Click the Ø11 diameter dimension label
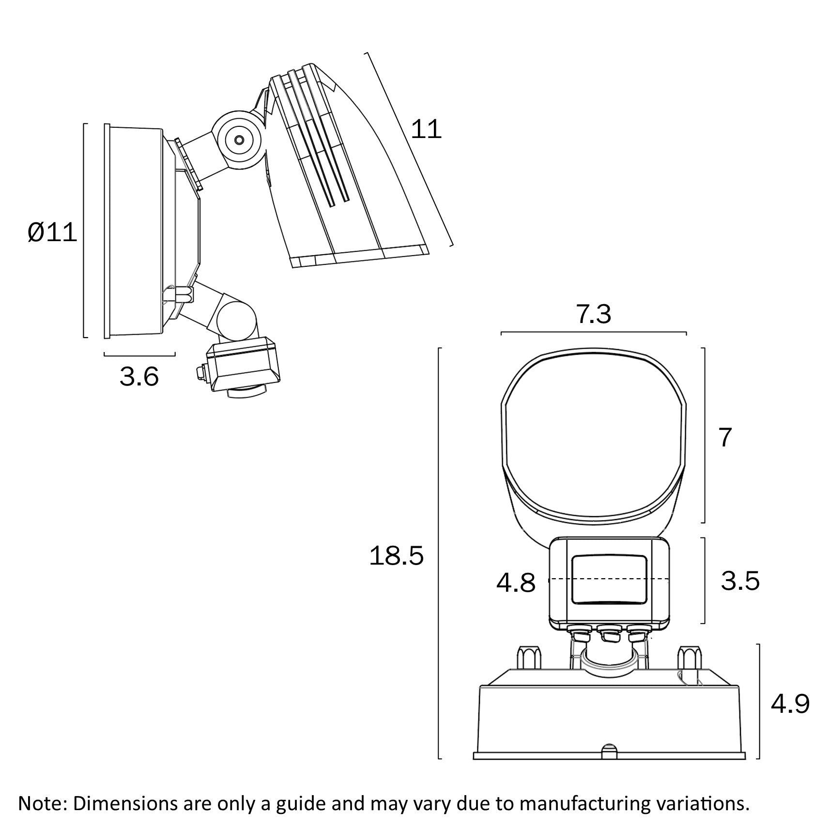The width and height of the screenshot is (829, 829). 52,233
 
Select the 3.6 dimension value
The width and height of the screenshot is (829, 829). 139,377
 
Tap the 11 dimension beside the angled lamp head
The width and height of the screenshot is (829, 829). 426,129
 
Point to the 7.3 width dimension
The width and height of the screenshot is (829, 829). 594,314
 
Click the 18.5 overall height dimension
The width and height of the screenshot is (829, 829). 396,555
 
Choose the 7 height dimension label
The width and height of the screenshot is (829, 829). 725,438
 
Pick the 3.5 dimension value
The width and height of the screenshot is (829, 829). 740,581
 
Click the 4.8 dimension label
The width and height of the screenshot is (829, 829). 516,583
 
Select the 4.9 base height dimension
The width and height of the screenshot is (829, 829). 790,704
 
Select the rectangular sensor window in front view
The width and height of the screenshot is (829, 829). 609,580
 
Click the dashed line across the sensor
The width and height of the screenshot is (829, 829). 609,579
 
